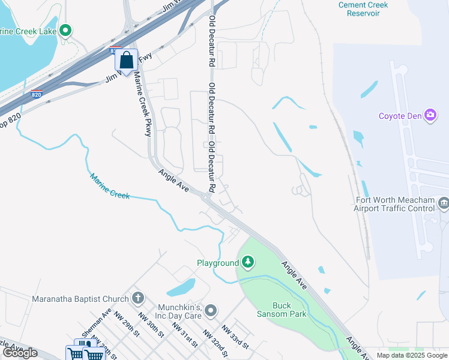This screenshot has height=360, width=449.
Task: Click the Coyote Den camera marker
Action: click(430, 115)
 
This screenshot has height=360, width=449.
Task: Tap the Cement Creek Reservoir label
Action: click(363, 9)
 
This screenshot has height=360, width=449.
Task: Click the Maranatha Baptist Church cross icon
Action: click(138, 298)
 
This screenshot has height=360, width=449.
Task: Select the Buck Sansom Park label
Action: click(289, 310)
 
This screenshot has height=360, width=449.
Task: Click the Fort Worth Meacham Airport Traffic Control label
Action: click(394, 204)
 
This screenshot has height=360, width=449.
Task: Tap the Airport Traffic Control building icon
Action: click(444, 203)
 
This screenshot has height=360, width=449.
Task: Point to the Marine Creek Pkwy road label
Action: click(142, 104)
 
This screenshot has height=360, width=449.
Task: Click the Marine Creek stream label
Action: click(110, 185)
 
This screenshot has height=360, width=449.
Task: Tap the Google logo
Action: click(20, 353)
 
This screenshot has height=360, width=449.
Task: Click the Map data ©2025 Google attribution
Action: click(412, 355)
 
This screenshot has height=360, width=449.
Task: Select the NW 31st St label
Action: click(185, 335)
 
